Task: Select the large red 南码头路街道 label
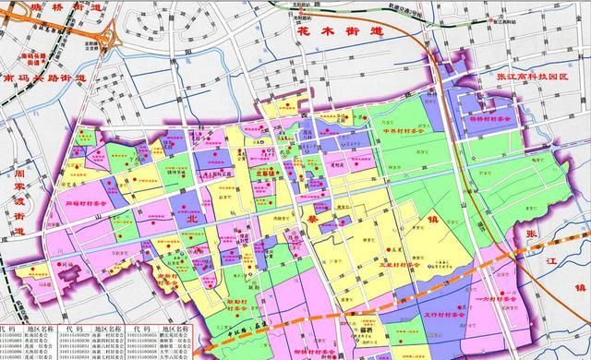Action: pyautogui.click(x=46, y=78)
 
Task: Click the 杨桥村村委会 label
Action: pyautogui.click(x=486, y=119)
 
